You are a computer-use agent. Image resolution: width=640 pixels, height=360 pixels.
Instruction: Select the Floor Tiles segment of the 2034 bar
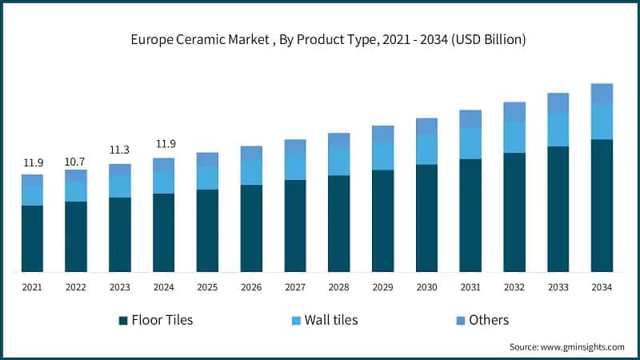(602, 205)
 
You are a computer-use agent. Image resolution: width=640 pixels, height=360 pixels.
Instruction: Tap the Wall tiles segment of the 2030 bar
(426, 150)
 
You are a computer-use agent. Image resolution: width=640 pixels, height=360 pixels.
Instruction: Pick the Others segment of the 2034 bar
(602, 93)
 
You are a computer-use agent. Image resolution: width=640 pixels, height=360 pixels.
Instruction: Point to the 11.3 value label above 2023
(120, 150)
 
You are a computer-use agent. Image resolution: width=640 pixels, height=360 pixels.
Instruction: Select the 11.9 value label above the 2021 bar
(33, 162)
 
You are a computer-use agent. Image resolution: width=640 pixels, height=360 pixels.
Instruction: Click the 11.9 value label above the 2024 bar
(164, 144)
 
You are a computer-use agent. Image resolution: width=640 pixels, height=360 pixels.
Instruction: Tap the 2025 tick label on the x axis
(207, 286)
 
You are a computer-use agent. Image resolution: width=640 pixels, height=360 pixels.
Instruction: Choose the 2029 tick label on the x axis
(382, 286)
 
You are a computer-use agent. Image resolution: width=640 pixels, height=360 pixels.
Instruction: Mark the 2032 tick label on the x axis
(514, 286)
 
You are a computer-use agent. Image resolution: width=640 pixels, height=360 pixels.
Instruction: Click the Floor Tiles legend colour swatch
(123, 321)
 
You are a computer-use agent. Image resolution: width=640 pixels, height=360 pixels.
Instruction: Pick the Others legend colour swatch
(459, 321)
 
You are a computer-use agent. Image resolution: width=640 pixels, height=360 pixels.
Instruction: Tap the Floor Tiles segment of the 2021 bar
(33, 238)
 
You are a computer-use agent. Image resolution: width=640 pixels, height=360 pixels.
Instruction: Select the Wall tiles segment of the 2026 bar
(251, 172)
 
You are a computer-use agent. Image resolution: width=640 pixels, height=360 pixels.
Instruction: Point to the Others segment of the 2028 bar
(339, 140)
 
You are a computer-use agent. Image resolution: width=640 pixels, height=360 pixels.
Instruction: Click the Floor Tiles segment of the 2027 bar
(295, 226)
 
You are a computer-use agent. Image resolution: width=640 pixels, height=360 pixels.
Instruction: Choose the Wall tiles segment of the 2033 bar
(558, 130)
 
